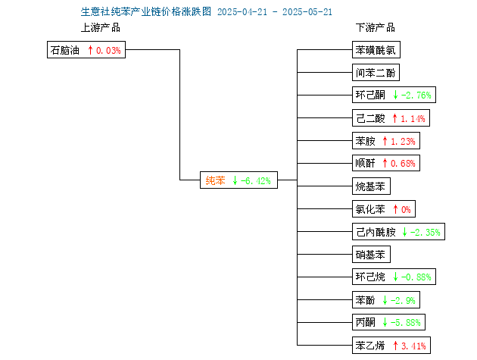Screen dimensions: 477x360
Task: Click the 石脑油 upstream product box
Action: [x=86, y=50]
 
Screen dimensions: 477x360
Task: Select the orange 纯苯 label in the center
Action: [x=215, y=180]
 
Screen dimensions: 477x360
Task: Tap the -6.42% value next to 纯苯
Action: [x=256, y=181]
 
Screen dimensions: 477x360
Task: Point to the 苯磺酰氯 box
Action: [x=376, y=50]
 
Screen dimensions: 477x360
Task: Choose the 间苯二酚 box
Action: [x=376, y=73]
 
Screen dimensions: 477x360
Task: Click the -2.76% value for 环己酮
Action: [x=416, y=95]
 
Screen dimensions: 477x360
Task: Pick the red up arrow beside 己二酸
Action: [x=395, y=118]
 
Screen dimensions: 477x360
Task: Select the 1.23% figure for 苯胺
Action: [x=403, y=141]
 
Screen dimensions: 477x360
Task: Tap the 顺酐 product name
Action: [x=366, y=163]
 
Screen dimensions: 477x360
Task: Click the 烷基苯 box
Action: [x=371, y=186]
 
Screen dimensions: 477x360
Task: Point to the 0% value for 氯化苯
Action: [x=406, y=209]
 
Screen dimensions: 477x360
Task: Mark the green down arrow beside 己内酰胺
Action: [x=404, y=232]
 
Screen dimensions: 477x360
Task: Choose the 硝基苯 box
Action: [x=371, y=255]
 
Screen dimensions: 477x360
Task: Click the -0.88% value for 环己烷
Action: [x=416, y=277]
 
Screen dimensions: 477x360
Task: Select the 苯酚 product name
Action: [x=366, y=300]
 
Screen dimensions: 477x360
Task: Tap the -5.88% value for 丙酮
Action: [x=406, y=323]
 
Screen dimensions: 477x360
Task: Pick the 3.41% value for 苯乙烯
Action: [x=413, y=346]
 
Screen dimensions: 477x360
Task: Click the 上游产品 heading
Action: [x=101, y=28]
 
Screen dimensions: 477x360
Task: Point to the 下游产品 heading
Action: [x=376, y=28]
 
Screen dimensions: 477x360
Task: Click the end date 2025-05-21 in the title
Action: [x=307, y=12]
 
